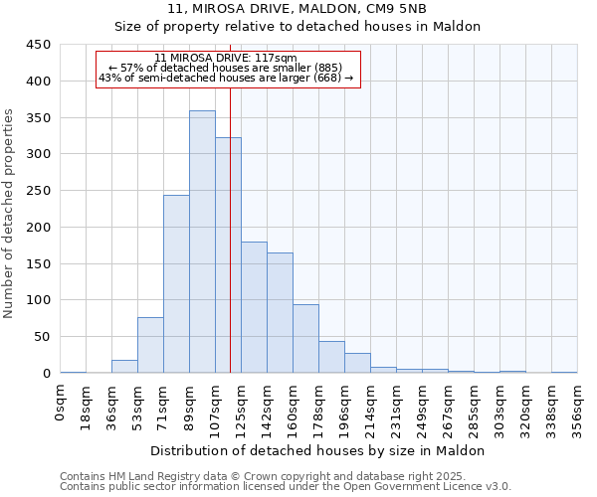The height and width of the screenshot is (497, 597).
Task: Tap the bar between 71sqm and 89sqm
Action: click(x=176, y=283)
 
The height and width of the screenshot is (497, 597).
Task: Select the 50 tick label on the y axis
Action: click(x=42, y=337)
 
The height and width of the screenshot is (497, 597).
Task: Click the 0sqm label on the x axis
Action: click(x=61, y=404)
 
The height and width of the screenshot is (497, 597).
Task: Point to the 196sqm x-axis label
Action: click(x=345, y=409)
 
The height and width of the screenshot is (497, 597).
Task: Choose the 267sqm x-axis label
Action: click(x=448, y=409)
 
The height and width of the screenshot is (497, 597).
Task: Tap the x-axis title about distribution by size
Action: click(x=317, y=450)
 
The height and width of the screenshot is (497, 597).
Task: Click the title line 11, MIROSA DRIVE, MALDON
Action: click(x=298, y=9)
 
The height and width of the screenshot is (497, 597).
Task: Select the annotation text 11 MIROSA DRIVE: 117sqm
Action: click(x=227, y=59)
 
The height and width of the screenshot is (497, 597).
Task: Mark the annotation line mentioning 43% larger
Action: click(x=227, y=78)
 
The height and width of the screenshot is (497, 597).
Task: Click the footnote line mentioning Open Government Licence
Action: click(x=286, y=487)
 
